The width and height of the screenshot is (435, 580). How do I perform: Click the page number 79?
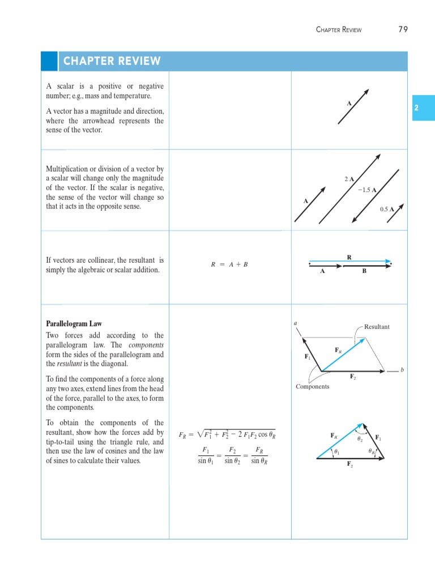tap(403, 29)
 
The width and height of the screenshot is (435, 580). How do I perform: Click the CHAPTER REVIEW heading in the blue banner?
tap(112, 61)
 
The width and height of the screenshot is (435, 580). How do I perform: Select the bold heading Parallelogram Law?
tap(74, 323)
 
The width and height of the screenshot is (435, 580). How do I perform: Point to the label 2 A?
tap(349, 179)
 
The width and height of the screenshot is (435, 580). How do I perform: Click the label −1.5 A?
tap(367, 190)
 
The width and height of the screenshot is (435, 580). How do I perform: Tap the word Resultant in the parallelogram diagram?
tap(377, 327)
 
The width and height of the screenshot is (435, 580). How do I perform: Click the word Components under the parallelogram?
tap(312, 386)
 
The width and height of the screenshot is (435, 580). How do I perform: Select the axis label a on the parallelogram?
tap(296, 323)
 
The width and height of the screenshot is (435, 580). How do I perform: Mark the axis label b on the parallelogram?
tap(402, 370)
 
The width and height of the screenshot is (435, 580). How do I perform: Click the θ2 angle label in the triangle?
tap(360, 438)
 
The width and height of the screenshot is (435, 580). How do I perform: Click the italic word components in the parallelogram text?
tap(146, 345)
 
